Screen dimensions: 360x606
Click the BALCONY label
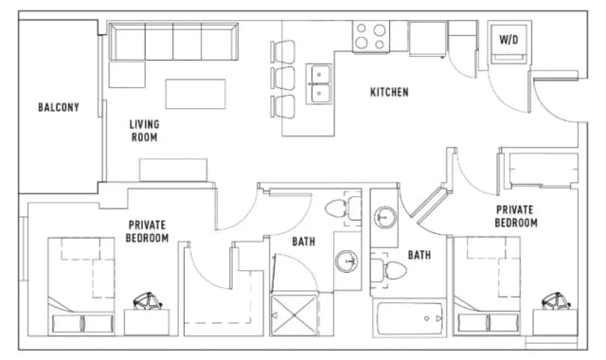point(59,107)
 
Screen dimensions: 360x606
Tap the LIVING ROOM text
point(145,131)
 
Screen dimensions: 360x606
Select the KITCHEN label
point(388,92)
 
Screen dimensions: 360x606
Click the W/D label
point(508,41)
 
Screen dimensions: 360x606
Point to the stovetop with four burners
point(370,37)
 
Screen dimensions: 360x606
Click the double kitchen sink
point(318,81)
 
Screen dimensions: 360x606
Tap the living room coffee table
point(195,94)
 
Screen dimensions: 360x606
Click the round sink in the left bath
point(347,261)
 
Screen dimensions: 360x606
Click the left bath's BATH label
point(303,243)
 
